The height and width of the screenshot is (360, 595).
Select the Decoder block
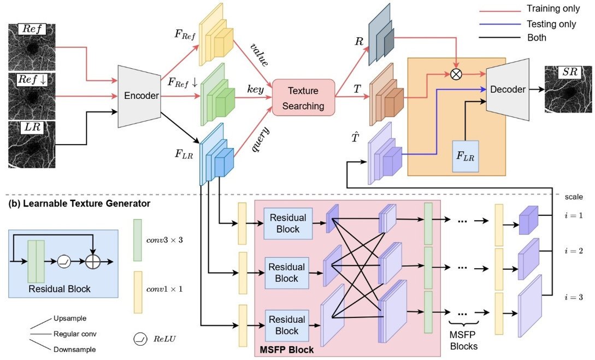507,89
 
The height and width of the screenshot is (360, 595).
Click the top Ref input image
32,46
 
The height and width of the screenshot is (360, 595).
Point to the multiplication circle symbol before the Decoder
455,74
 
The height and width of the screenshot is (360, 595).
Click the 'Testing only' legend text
551,24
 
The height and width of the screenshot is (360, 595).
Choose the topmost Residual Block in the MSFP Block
287,223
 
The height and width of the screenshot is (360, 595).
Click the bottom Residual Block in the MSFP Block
287,325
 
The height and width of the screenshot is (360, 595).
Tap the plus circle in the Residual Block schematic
94,262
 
